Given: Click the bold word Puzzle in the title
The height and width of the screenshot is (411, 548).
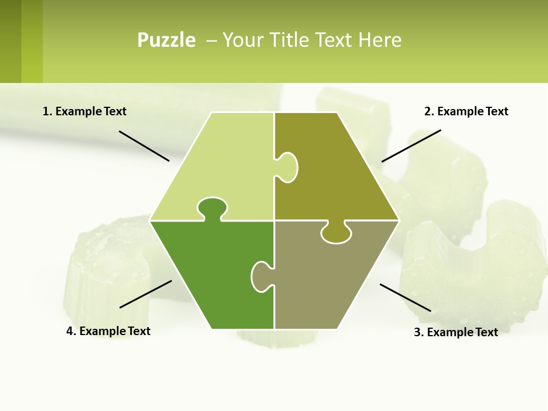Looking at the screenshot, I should [x=166, y=40].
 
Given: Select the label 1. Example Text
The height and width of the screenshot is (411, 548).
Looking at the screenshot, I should [x=84, y=111].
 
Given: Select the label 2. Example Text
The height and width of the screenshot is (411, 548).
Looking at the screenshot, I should [x=466, y=111].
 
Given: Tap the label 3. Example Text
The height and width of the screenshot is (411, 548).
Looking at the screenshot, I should [x=456, y=332].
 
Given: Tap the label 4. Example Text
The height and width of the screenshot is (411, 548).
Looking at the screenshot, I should [x=108, y=331].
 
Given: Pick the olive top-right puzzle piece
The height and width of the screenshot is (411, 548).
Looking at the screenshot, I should [x=337, y=171].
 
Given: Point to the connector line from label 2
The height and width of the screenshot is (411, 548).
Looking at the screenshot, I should [x=411, y=146].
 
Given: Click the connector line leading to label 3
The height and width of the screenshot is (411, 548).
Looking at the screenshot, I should [x=405, y=297].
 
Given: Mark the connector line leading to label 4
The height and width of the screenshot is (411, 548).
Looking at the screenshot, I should [x=146, y=294].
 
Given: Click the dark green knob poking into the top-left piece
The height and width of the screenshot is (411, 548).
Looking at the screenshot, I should [x=212, y=208].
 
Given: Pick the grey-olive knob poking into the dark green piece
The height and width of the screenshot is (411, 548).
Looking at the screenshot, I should [x=261, y=276].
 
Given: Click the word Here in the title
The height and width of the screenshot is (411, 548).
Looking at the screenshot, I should [x=380, y=40].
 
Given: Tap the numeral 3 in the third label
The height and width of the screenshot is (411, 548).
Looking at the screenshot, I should [x=417, y=332].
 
